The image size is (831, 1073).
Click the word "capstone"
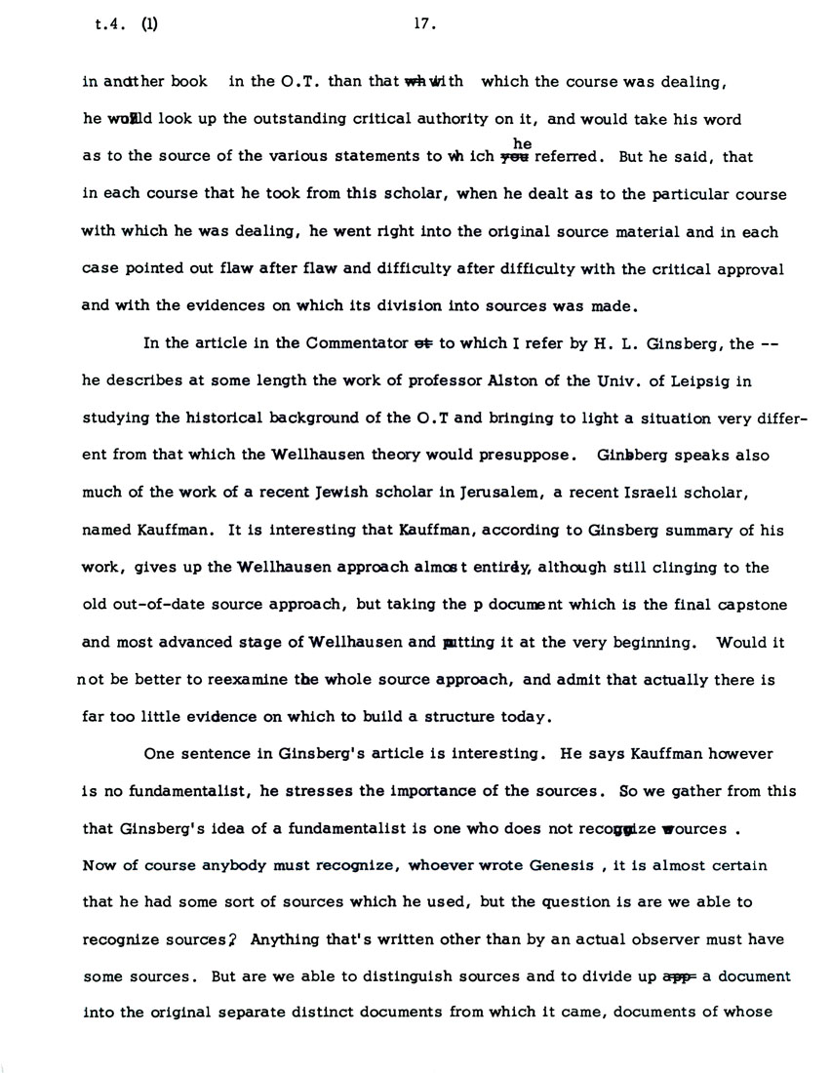pos(734,605)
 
